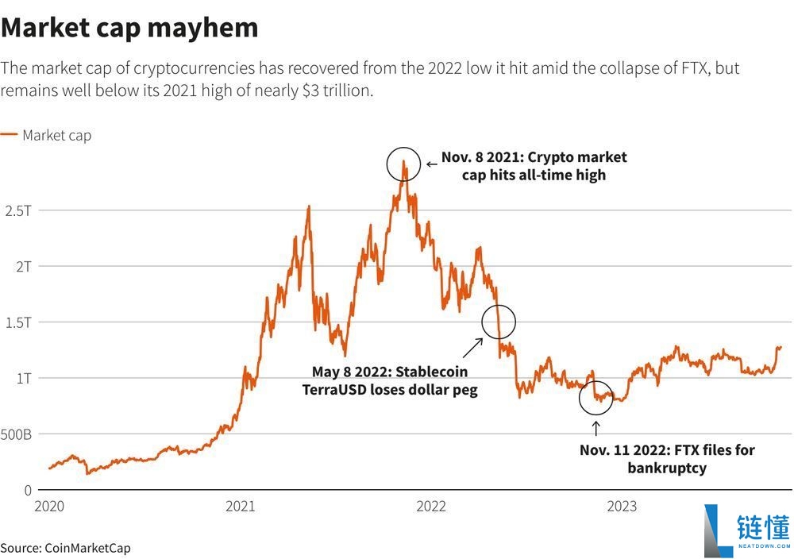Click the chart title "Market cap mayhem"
(129, 27)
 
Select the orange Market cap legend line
(9, 136)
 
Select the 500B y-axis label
(16, 434)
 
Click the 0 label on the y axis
(26, 490)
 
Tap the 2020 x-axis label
(49, 507)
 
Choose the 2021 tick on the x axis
(241, 507)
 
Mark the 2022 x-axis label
(431, 507)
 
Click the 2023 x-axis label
(622, 507)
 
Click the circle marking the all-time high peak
(403, 164)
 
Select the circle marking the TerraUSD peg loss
(499, 322)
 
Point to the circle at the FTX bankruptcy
(596, 397)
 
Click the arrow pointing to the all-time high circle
(431, 164)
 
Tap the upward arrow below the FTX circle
(596, 429)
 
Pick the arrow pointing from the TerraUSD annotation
(473, 347)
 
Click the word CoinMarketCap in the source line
(87, 548)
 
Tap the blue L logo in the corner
(719, 530)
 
